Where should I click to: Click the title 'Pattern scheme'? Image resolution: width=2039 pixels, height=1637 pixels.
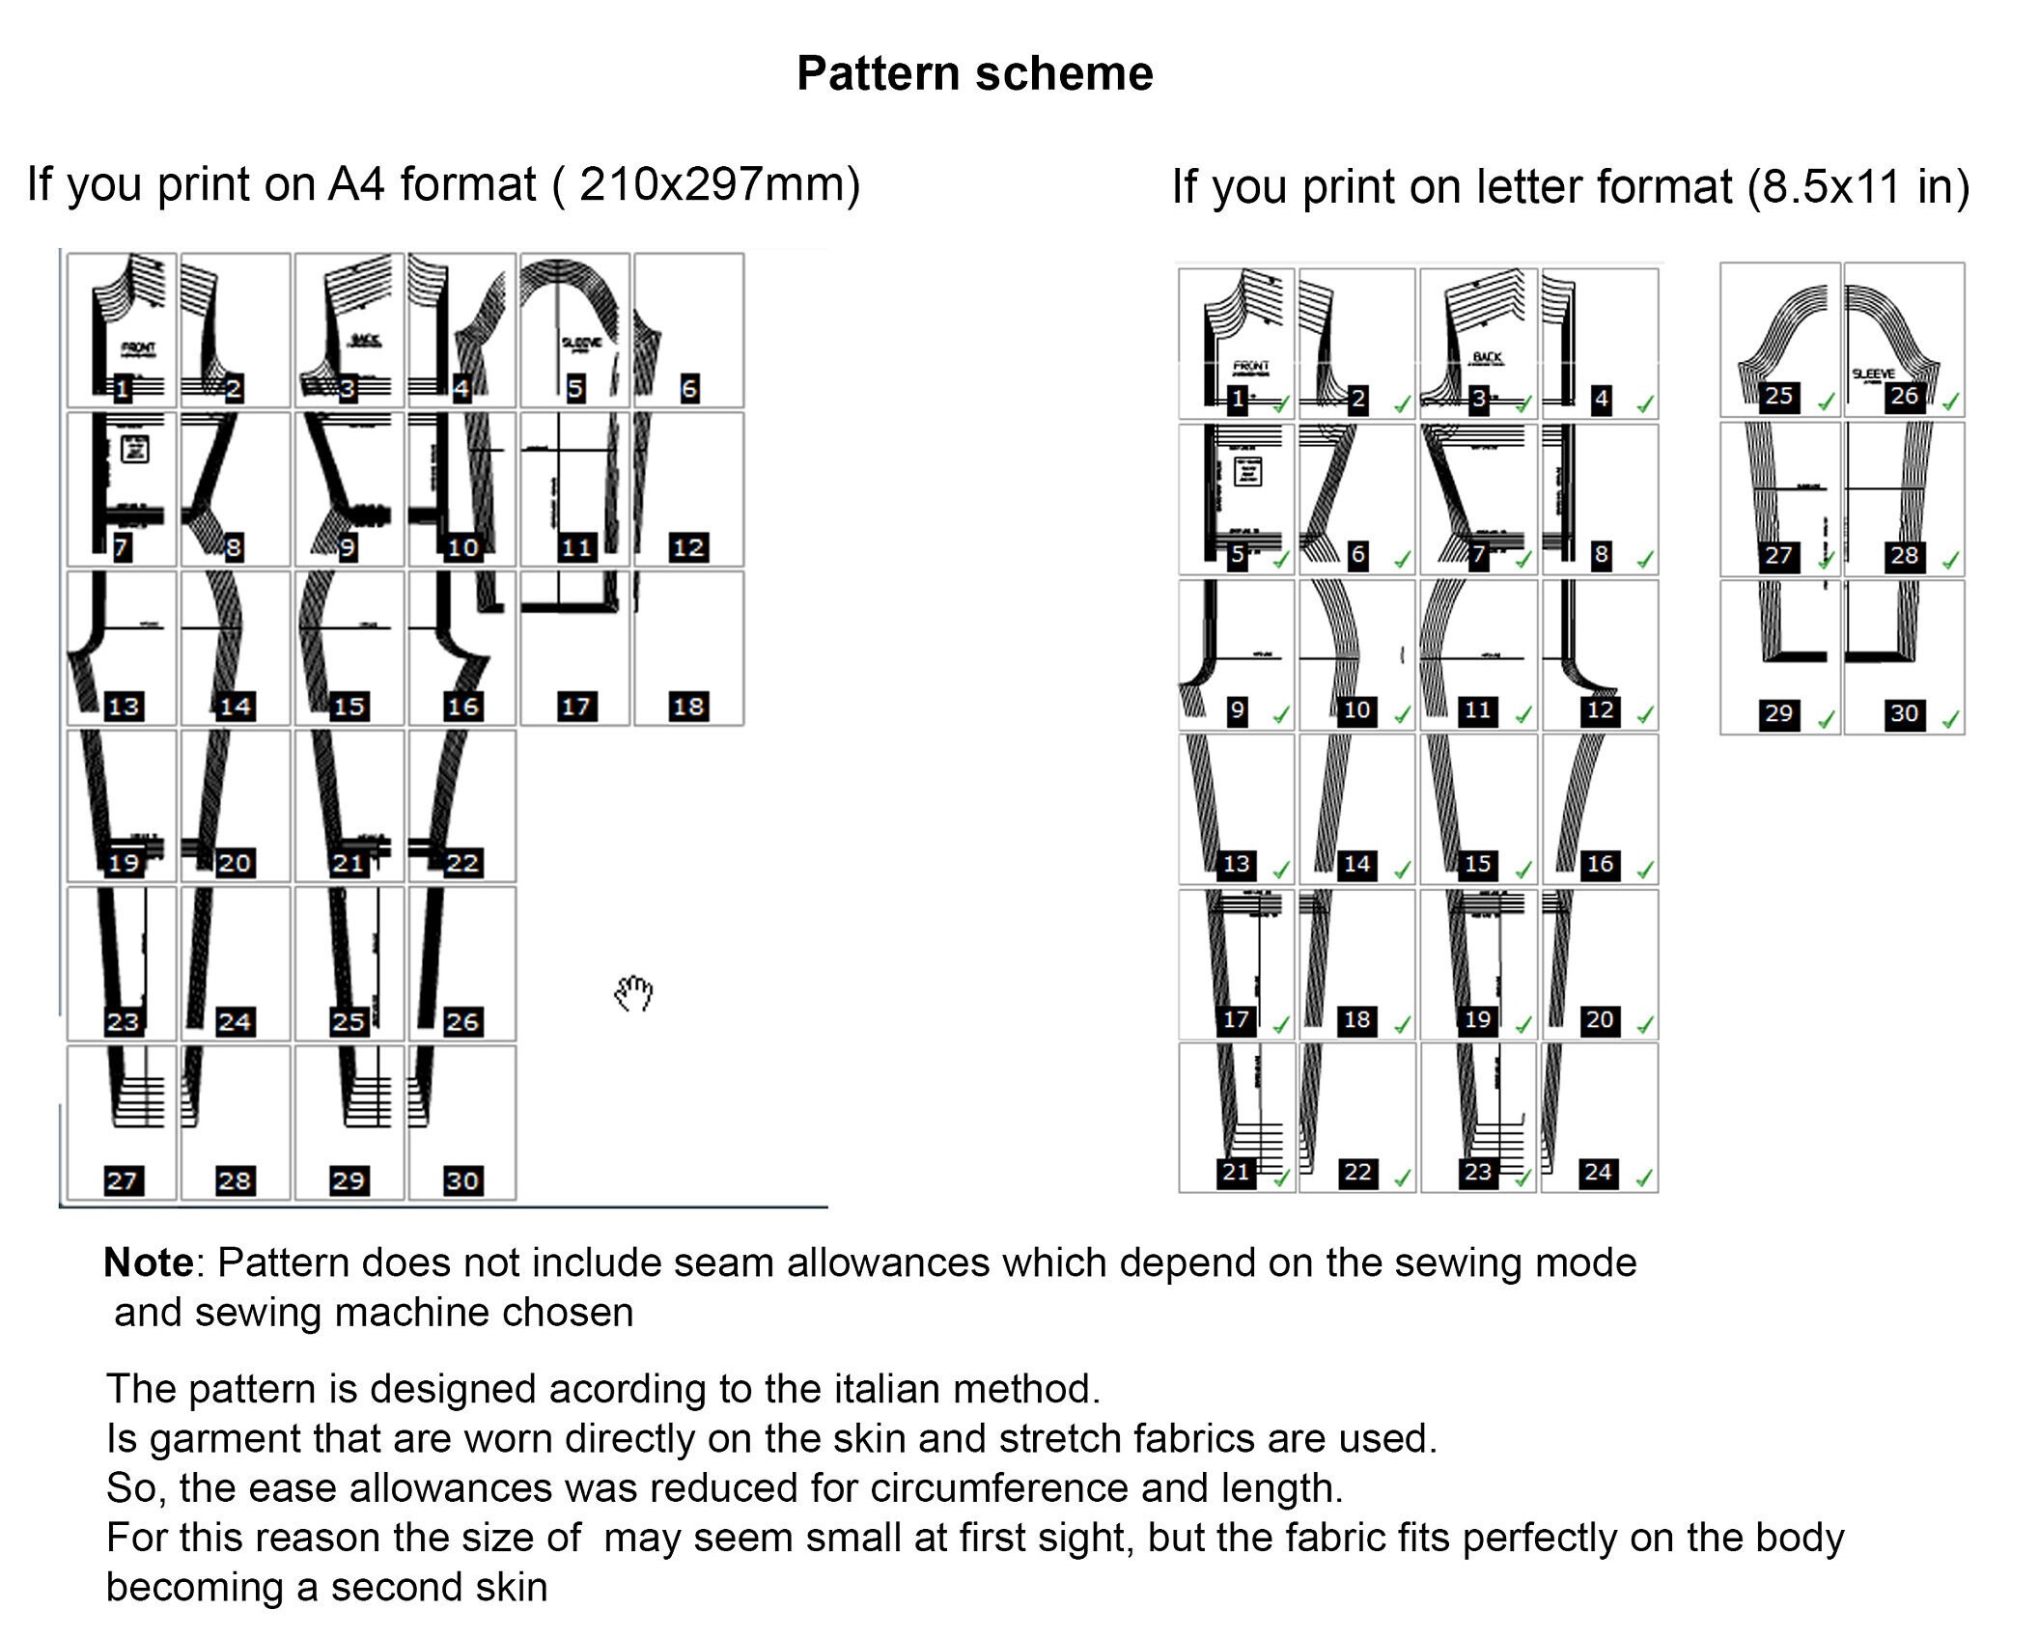(974, 73)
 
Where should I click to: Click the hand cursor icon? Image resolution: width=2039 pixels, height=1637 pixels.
(633, 993)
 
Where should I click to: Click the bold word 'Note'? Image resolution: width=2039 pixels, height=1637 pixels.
(149, 1262)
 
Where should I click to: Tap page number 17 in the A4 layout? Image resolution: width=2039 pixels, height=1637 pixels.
(576, 707)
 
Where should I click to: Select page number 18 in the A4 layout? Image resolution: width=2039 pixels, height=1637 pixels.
(688, 707)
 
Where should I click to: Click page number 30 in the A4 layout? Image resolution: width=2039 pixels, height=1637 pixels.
(461, 1180)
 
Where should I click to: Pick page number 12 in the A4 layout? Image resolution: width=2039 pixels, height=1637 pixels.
(688, 548)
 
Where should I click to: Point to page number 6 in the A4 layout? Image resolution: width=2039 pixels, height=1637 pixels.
(689, 389)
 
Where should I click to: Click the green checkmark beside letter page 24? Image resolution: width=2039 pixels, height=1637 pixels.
(1644, 1178)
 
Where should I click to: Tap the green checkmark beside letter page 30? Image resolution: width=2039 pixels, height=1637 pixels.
(1950, 719)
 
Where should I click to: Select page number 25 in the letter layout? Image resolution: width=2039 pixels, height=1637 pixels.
(1778, 396)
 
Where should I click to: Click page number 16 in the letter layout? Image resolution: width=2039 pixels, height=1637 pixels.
(1600, 864)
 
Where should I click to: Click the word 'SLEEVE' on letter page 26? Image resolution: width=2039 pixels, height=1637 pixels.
(1873, 374)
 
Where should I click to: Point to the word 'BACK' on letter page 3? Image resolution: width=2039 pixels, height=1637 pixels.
(1487, 357)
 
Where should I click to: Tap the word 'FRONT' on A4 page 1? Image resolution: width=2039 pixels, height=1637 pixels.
(138, 347)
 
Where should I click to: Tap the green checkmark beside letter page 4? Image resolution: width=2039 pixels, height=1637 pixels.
(1645, 404)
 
